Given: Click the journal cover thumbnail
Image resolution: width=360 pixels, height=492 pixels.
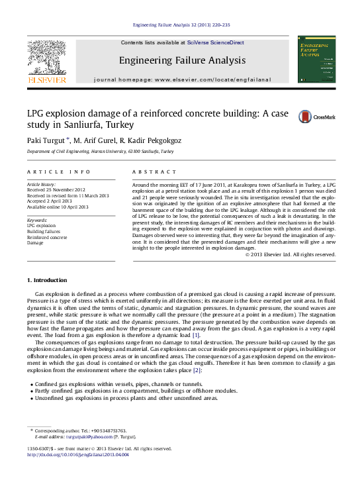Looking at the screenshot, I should pos(316,60).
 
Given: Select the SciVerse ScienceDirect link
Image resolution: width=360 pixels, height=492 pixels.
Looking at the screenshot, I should pos(215,42).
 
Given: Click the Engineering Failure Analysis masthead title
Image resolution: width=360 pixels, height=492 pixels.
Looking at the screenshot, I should pos(182,60).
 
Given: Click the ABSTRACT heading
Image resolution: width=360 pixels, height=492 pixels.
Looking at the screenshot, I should pos(150,172).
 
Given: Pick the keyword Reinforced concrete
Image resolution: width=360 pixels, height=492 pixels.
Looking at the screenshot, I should pos(46,237).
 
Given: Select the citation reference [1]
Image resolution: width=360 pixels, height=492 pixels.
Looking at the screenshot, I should pos(195,336).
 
